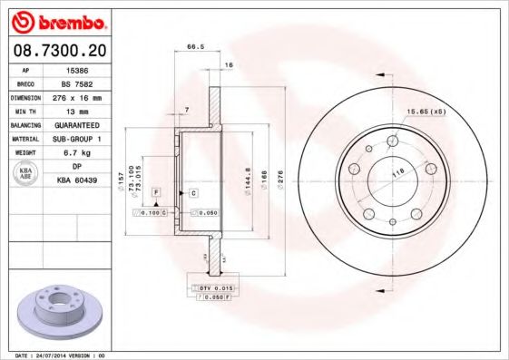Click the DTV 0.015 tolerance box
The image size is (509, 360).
point(210,287)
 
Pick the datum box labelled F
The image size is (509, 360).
point(156,193)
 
